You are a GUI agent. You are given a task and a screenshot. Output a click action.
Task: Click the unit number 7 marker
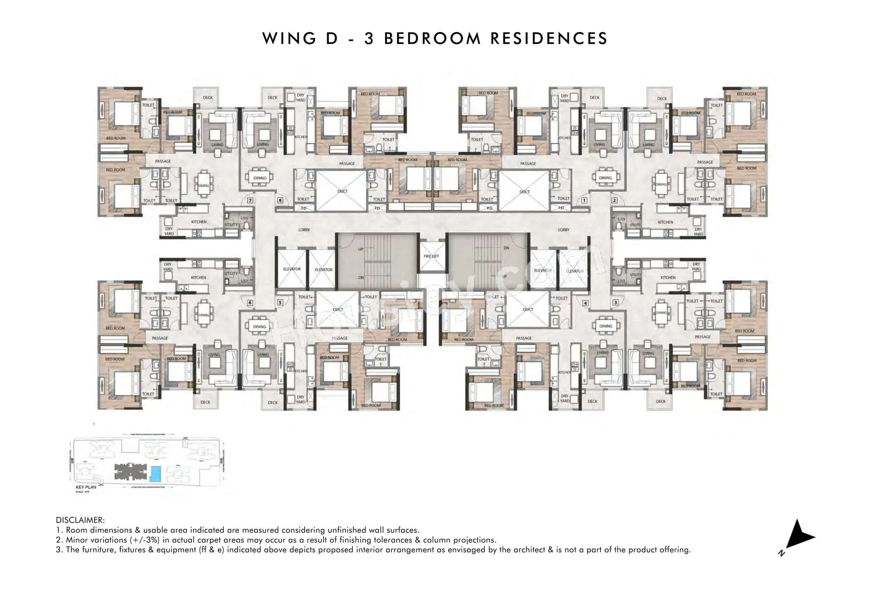[250, 201]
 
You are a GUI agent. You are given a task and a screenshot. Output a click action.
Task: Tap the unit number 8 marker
[280, 201]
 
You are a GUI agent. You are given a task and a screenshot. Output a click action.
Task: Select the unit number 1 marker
[584, 201]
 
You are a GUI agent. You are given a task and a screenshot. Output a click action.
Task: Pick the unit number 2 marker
[614, 201]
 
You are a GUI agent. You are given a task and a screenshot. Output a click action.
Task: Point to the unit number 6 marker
[250, 303]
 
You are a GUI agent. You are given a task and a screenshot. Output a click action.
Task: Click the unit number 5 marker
[280, 303]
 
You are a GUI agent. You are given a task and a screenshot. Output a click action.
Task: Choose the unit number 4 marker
[585, 303]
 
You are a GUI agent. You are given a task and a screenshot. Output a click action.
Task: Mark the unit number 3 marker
[615, 303]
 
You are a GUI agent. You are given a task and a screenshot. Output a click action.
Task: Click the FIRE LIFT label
[431, 256]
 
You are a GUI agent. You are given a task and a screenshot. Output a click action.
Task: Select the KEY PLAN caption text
[86, 487]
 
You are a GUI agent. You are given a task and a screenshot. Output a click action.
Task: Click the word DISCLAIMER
[80, 520]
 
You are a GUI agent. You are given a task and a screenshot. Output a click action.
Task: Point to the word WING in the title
[289, 39]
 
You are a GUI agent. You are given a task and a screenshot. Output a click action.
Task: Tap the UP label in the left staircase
[361, 249]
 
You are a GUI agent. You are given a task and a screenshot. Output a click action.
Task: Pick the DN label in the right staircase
[506, 248]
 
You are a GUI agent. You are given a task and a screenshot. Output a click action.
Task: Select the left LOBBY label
[304, 230]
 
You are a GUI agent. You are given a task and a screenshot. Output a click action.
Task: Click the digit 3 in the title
[369, 39]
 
